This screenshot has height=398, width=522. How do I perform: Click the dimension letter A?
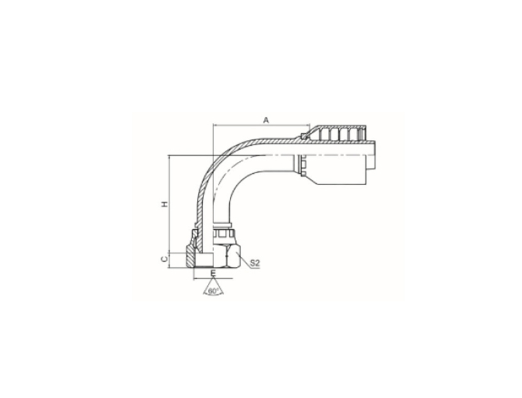point(266,120)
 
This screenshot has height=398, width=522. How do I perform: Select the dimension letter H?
point(165,204)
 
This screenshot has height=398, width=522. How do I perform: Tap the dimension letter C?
point(164,259)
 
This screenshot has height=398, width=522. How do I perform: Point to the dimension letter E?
point(214,273)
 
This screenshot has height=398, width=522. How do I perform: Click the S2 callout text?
point(254,263)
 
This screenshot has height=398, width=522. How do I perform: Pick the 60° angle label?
point(213,291)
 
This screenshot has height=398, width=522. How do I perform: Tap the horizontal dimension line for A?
point(262,126)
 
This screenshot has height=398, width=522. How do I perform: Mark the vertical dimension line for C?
point(170,261)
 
